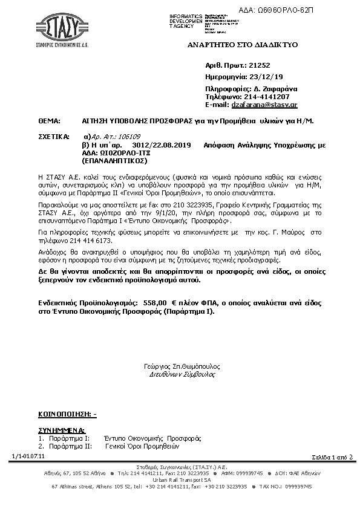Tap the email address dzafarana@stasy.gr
tap(264, 105)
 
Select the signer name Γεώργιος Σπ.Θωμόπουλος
tap(182, 366)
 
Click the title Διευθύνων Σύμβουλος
tap(182, 374)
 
